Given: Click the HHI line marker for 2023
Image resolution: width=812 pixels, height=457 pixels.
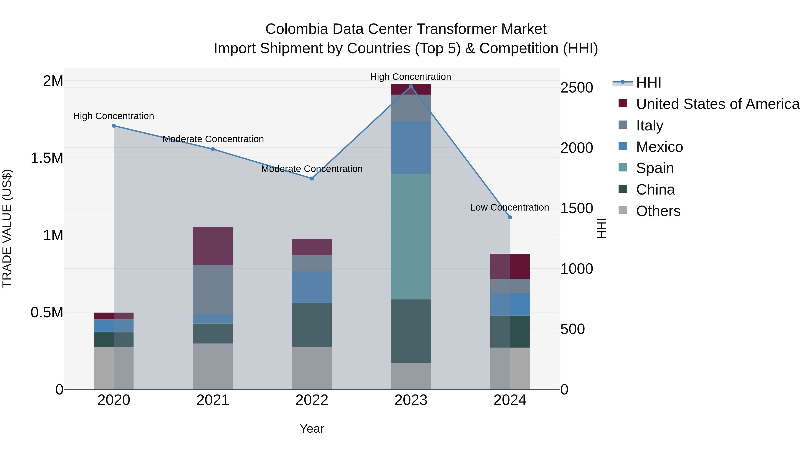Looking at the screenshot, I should coord(411,86).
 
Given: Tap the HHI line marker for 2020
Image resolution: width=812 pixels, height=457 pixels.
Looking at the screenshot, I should coord(114,126).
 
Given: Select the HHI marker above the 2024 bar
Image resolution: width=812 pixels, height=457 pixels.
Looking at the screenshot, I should coord(510,217).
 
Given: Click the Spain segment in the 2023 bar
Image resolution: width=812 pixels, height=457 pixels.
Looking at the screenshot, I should coord(411,237).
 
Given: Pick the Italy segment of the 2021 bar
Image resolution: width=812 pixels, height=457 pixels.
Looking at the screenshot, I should coord(213,289).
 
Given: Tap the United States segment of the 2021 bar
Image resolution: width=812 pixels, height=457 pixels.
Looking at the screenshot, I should coord(213,246).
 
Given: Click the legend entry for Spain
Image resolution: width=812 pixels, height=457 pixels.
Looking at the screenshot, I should coord(655,168).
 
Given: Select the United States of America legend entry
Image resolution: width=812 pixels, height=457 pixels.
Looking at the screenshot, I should coord(717,104).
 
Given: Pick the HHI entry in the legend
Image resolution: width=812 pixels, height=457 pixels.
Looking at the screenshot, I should coord(648,83).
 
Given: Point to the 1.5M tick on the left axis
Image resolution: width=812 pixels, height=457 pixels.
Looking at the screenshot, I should coord(47,158).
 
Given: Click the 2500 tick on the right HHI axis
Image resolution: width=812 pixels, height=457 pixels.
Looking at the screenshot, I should coord(577,88).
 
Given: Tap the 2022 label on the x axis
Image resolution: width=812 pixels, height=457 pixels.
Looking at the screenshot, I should coord(312,400).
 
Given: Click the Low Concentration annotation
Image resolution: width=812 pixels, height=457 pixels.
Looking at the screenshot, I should coord(509,208).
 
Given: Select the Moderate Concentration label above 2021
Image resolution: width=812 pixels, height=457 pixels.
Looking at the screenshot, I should coord(213,139).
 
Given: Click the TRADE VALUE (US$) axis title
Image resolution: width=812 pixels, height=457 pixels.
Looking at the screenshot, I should coord(7,228).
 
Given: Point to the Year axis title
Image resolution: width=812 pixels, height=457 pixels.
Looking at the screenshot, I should coord(312,429).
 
